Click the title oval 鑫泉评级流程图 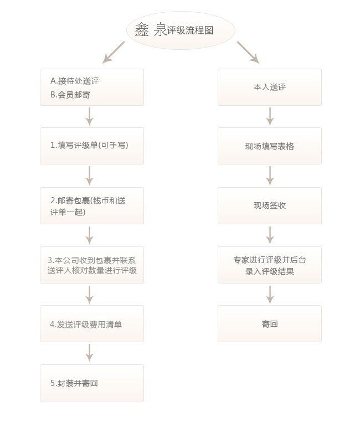click(x=181, y=30)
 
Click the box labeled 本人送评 click(x=270, y=87)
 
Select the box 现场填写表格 click(x=270, y=146)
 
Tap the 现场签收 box click(x=270, y=205)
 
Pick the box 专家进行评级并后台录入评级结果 click(x=270, y=265)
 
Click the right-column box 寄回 click(x=270, y=323)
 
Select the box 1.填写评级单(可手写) click(x=92, y=146)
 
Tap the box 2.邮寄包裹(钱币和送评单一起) click(x=92, y=205)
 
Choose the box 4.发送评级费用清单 click(x=92, y=323)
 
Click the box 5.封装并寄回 click(x=92, y=383)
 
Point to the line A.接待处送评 click(x=75, y=81)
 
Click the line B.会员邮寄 click(x=70, y=95)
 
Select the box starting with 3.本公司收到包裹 click(x=92, y=265)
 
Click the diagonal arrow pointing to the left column click(x=114, y=52)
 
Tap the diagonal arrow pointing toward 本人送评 click(x=248, y=52)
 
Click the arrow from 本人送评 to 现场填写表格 click(x=270, y=116)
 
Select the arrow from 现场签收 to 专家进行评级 click(x=270, y=235)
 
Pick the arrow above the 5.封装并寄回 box click(x=89, y=353)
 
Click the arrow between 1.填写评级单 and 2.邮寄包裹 click(x=89, y=176)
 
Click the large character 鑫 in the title click(x=142, y=30)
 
